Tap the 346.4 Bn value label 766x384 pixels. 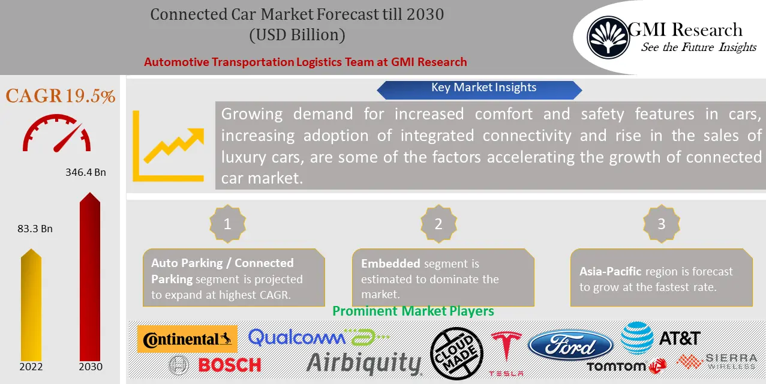[x=85, y=172]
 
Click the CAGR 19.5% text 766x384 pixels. [x=60, y=96]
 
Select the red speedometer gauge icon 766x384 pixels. [x=57, y=134]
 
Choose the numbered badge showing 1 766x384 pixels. [x=227, y=224]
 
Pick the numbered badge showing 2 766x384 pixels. [x=438, y=224]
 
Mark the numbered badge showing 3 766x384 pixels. [x=661, y=224]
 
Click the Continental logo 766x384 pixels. [x=187, y=339]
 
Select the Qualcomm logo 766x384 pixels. [x=297, y=337]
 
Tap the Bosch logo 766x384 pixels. [x=216, y=364]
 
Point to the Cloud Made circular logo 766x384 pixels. [x=457, y=353]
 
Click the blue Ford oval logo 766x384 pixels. [x=570, y=346]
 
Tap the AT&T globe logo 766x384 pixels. [x=636, y=337]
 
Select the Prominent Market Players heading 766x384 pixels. [x=413, y=311]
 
